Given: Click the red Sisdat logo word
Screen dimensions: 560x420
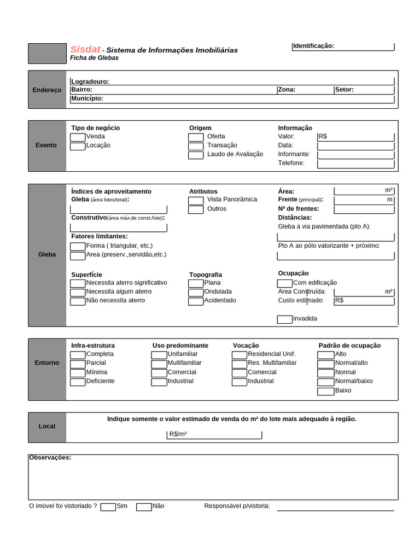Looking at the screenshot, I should click(85, 49).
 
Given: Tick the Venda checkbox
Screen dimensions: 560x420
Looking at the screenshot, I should click(78, 137).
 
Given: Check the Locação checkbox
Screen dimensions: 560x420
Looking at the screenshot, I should click(78, 146).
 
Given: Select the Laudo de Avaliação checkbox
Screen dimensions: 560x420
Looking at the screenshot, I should click(196, 155).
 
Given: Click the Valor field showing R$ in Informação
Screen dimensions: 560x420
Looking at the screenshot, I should click(355, 137).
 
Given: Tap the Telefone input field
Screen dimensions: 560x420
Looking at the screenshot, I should click(355, 164).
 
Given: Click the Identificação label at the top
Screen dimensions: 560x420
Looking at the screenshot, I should click(313, 46).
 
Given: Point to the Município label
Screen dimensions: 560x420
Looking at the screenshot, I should click(87, 99).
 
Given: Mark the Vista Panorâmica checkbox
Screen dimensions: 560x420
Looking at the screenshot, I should click(196, 201).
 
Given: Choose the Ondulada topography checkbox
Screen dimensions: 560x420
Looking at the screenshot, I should click(196, 293).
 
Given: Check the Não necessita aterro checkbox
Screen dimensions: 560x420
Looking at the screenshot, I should click(78, 301).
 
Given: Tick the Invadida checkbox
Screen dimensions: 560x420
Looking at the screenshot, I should click(284, 319).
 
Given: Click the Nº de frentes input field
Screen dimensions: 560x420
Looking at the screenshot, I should click(364, 209).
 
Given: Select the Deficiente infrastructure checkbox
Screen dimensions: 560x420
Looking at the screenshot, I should click(78, 382).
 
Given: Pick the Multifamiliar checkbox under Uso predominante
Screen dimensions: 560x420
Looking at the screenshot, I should click(159, 364).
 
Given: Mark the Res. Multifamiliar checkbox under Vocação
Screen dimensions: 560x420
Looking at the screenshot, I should click(240, 364).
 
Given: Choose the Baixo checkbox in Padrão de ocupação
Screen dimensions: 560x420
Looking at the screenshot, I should click(326, 391).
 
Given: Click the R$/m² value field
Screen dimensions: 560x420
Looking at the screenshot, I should click(214, 435).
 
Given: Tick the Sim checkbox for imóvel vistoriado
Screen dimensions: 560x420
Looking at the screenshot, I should click(108, 507).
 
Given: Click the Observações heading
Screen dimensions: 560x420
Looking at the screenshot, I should click(50, 457).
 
